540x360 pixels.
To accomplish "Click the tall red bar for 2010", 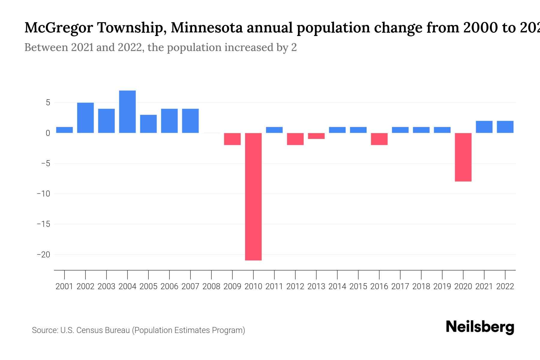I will point(253,196).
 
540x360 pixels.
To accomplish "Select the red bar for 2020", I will point(463,157).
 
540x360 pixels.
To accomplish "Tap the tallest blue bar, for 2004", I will point(127,112).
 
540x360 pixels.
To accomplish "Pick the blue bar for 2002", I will point(85,118).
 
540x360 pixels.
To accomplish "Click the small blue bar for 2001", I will point(64,130).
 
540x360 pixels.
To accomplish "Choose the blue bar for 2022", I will point(505,127).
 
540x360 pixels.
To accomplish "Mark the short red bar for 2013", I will point(316,136).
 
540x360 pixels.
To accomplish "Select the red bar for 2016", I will point(379,139).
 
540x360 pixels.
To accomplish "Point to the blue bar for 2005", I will point(148,124).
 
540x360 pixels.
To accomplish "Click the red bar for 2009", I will point(232,139).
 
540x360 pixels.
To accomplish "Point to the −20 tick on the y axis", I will point(43,255).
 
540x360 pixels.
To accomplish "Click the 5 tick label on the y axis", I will point(48,103).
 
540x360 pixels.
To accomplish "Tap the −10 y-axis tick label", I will point(43,194).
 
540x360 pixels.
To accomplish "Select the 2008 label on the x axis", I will point(211,286).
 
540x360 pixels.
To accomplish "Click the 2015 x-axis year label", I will point(358,286).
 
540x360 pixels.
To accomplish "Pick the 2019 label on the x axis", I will point(442,286).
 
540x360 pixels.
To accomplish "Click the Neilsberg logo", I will point(480,327).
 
